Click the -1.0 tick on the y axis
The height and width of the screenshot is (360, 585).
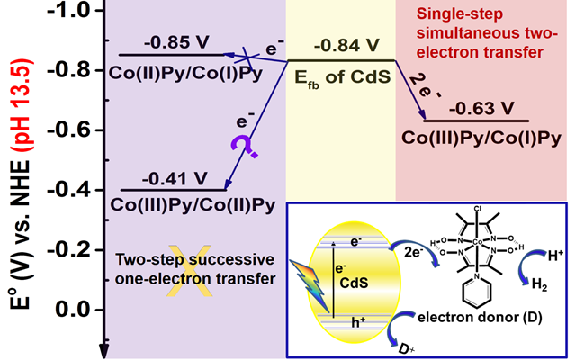[x=78, y=10]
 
